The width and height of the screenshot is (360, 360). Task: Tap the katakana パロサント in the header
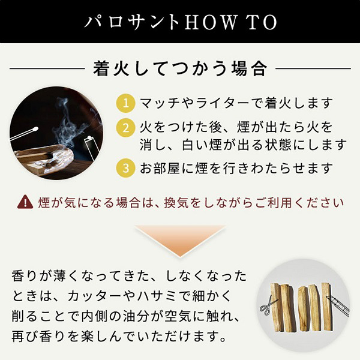(x=132, y=23)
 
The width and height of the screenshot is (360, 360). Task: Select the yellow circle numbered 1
(x=125, y=103)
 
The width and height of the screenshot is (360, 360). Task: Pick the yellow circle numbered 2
(x=125, y=128)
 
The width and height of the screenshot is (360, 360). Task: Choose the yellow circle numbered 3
(x=125, y=167)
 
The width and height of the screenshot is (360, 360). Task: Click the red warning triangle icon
(x=25, y=202)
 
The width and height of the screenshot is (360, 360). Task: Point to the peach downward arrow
(x=180, y=241)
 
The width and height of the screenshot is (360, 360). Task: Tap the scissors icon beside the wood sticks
(x=266, y=305)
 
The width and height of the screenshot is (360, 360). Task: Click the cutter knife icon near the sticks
(x=337, y=305)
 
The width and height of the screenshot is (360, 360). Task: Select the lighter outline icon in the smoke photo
(x=92, y=147)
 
